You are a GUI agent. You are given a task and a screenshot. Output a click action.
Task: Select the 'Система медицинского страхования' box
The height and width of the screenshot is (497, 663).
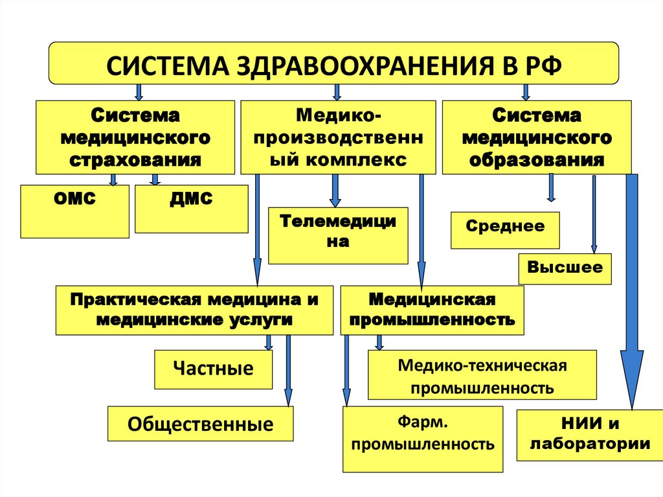point(135,137)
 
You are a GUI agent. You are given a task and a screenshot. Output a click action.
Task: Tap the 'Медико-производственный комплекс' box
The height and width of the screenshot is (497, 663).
point(339,137)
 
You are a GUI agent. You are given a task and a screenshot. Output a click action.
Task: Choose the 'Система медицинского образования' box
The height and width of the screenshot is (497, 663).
point(536,137)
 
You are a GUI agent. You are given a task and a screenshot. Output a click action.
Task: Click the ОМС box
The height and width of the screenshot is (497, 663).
point(74,211)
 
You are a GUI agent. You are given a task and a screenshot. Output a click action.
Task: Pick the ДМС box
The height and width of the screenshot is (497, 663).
point(191,209)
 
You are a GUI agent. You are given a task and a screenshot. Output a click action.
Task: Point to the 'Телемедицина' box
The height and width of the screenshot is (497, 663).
point(338,235)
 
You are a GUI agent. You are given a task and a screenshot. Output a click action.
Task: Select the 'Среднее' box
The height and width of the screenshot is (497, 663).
point(505,230)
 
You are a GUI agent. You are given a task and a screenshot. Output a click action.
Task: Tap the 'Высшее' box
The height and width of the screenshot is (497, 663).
point(565,268)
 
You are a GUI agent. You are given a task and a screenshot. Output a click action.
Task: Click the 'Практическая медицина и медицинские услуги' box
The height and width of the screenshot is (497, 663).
point(194,310)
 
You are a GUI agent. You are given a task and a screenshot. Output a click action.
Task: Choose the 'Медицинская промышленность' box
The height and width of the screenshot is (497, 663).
point(432,310)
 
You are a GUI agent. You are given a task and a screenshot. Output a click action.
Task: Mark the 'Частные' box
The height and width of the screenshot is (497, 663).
point(213,369)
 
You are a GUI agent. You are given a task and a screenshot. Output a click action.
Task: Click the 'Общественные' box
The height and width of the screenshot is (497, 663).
point(200,424)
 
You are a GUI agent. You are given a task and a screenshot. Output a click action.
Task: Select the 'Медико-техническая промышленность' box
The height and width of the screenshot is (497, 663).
point(482,375)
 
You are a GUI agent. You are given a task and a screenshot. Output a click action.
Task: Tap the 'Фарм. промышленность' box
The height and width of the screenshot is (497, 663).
point(423,438)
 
